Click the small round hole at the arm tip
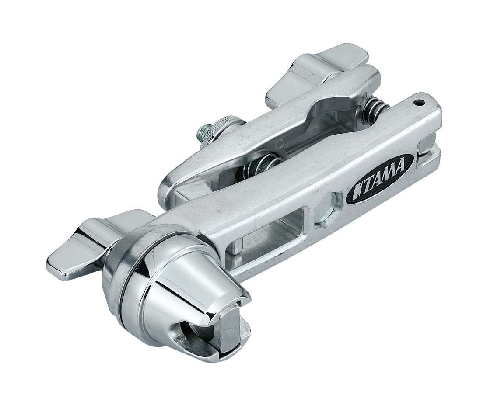click(x=420, y=103)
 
